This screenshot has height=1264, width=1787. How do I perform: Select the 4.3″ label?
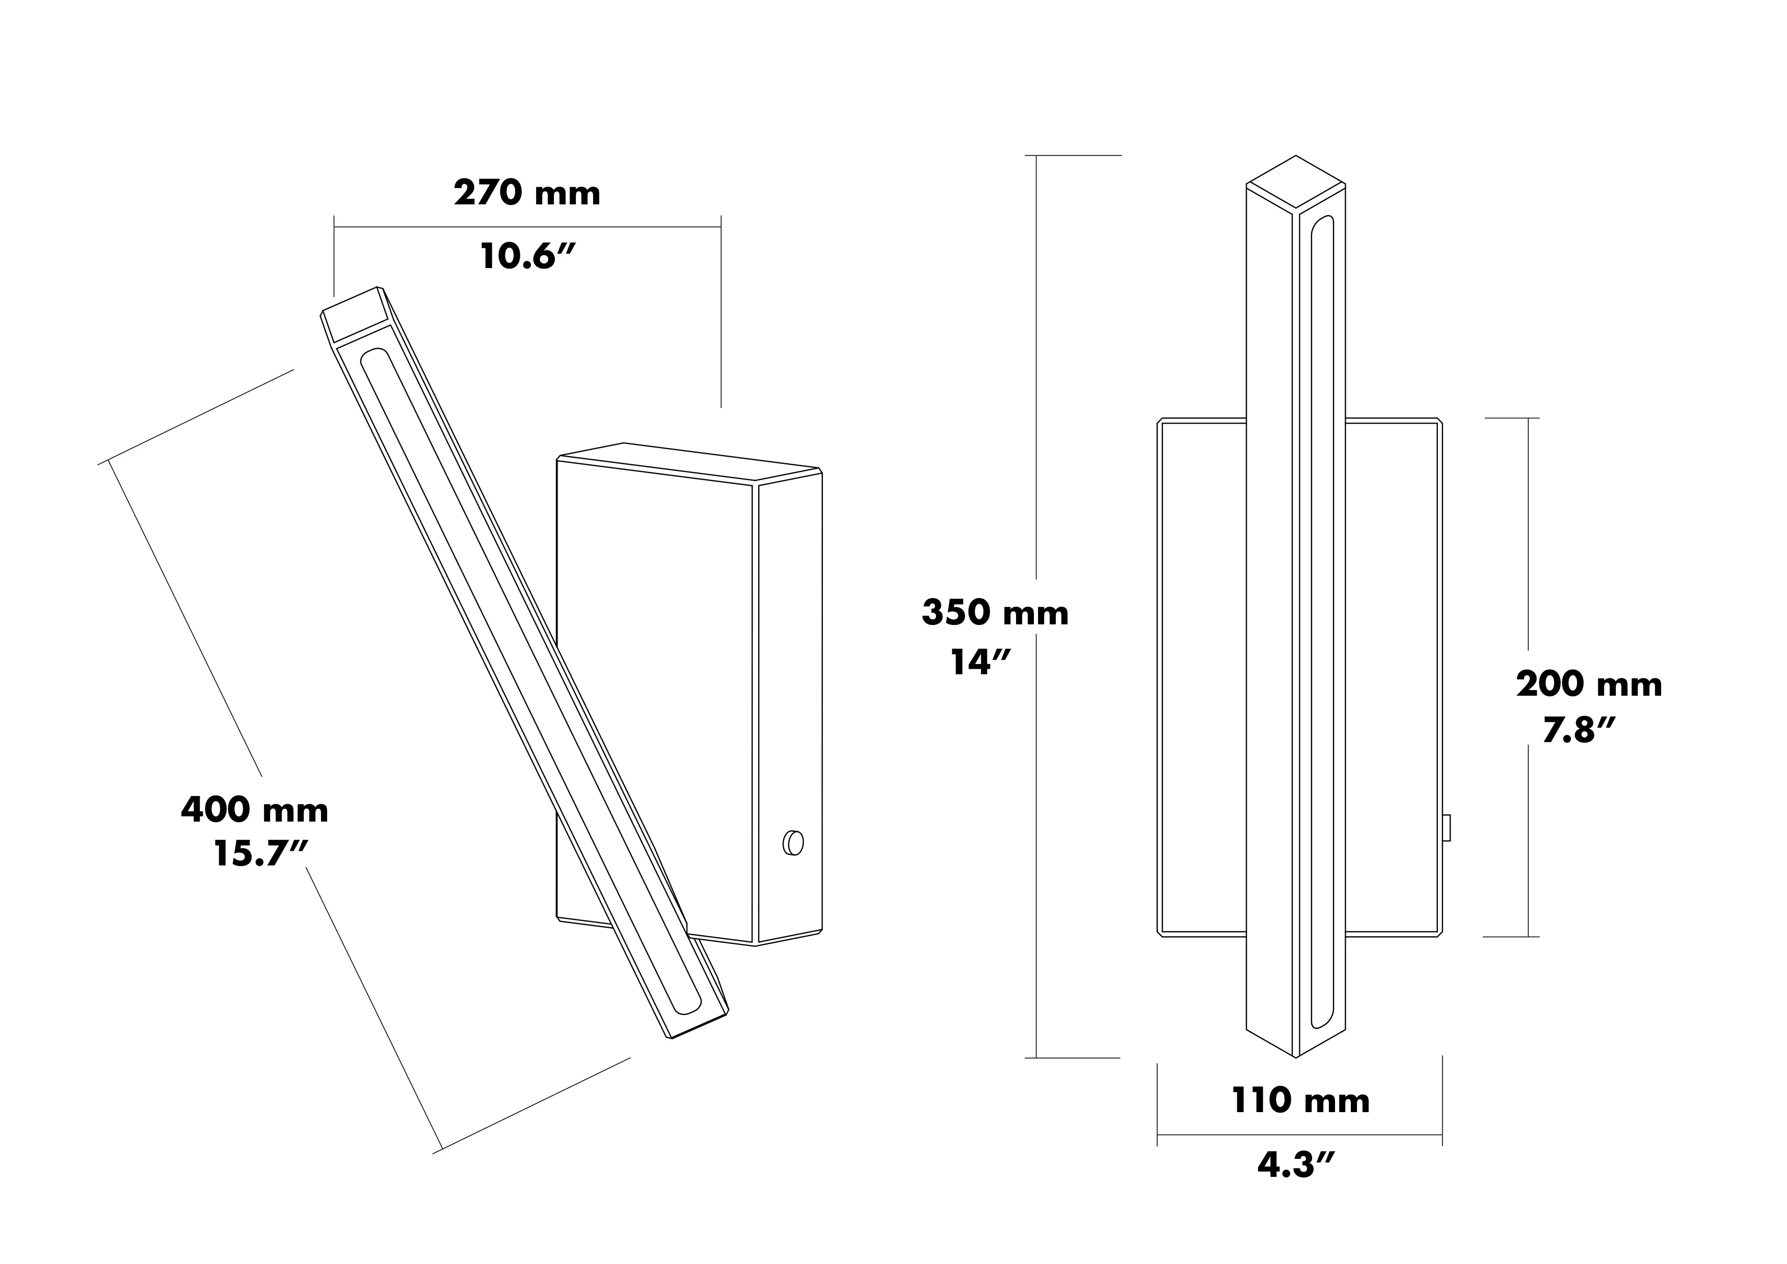click(x=1297, y=1165)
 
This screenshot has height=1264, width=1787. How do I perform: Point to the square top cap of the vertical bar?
click(x=1296, y=181)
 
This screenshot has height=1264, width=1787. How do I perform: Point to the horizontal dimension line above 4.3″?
click(x=1300, y=1135)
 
